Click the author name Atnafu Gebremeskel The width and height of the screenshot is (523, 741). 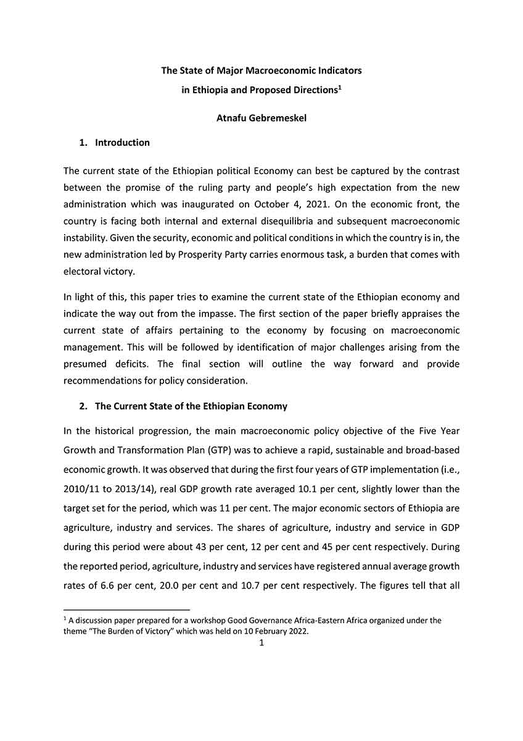261,118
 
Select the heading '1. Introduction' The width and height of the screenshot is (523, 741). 115,143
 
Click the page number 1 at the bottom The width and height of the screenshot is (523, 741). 261,643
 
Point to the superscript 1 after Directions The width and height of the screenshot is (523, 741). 340,87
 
